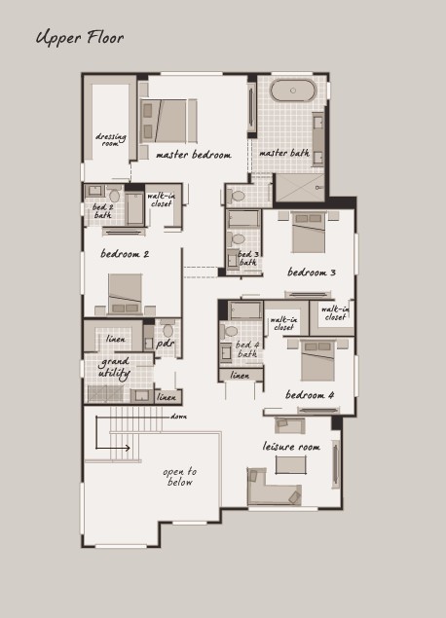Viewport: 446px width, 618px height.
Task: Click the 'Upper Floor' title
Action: [80, 38]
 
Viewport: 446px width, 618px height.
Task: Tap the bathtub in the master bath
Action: [293, 91]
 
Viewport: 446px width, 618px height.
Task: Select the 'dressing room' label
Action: [111, 139]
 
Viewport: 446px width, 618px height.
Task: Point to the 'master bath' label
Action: [284, 153]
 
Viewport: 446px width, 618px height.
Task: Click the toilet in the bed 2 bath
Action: [115, 195]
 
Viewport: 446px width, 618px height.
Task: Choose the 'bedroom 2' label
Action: [125, 254]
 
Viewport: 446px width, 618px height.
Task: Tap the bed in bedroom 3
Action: [309, 233]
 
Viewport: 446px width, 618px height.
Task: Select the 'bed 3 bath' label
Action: [248, 258]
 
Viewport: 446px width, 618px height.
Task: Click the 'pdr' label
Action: [165, 344]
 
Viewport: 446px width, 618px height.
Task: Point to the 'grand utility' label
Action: [114, 367]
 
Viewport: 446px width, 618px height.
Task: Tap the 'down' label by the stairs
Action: [178, 417]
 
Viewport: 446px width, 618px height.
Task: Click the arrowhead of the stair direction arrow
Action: [128, 448]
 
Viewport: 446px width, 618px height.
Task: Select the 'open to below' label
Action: [180, 477]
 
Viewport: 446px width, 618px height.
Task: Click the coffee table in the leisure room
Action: [291, 465]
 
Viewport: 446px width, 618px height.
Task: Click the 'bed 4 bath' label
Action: [247, 349]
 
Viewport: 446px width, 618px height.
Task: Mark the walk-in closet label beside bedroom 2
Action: [161, 200]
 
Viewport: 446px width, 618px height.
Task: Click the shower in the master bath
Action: [300, 188]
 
